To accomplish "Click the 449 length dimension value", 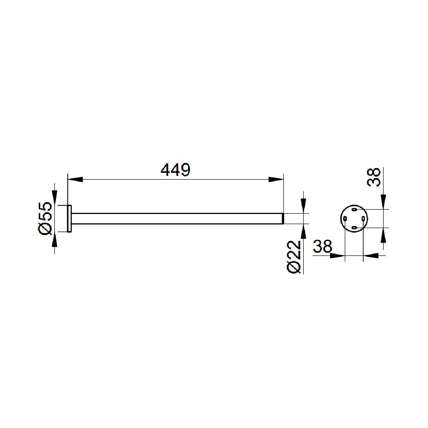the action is [175, 170].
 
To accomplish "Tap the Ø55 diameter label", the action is [45, 218].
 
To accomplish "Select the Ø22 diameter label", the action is [294, 257].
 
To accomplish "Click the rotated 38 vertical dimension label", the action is [374, 177].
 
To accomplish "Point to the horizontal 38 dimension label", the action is [322, 246].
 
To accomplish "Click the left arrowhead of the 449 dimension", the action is [75, 179].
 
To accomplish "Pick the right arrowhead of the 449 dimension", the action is [276, 179].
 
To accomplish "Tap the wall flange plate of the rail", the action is [69, 219].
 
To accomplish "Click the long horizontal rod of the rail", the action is [177, 219].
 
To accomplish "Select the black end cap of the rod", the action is [283, 219].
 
